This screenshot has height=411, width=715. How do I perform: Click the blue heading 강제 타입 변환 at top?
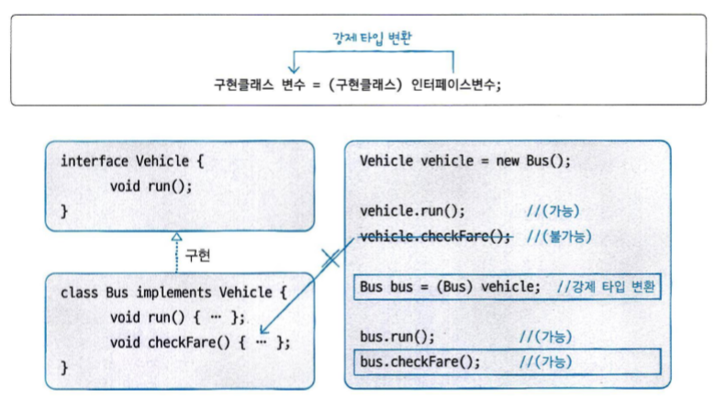click(x=371, y=38)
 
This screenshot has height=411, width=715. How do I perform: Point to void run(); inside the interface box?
click(x=151, y=185)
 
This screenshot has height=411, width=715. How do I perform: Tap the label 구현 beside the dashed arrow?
click(x=197, y=256)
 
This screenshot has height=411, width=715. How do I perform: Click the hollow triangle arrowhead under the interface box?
click(x=178, y=236)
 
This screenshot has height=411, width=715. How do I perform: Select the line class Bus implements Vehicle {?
click(x=173, y=293)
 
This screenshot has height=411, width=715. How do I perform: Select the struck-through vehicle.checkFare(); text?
click(x=435, y=236)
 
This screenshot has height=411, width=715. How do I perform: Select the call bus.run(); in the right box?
click(x=397, y=337)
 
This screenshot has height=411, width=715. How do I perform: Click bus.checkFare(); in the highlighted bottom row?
click(x=419, y=361)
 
